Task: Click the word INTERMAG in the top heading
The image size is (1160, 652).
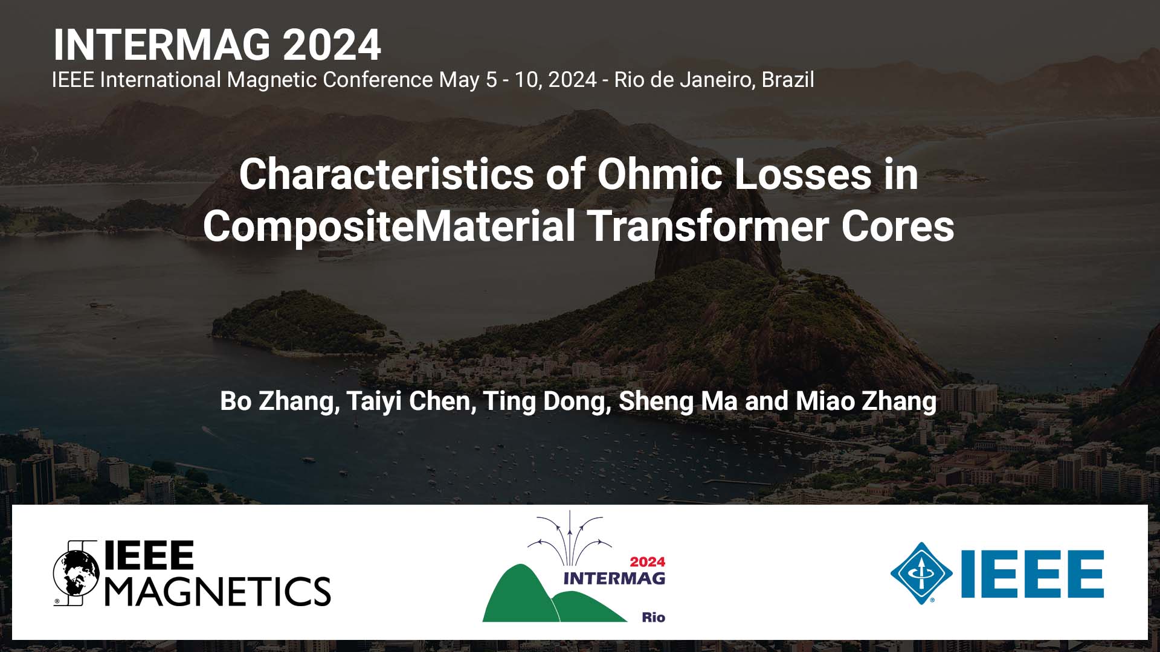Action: pyautogui.click(x=162, y=45)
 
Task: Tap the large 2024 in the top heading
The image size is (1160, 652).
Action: pyautogui.click(x=332, y=45)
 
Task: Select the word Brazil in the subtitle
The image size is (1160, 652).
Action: pyautogui.click(x=788, y=80)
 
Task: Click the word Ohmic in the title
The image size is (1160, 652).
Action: pyautogui.click(x=660, y=174)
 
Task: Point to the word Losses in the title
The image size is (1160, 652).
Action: pyautogui.click(x=803, y=174)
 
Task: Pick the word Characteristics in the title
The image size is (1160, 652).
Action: pyautogui.click(x=387, y=174)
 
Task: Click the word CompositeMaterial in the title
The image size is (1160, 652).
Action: pyautogui.click(x=389, y=227)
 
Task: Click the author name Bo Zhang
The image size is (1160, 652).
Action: pyautogui.click(x=279, y=401)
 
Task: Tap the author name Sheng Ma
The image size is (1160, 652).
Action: pyautogui.click(x=678, y=401)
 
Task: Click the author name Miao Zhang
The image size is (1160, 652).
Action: pyautogui.click(x=866, y=401)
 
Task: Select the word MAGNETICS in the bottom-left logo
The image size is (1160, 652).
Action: pyautogui.click(x=218, y=590)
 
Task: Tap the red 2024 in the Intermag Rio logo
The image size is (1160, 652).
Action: pyautogui.click(x=648, y=561)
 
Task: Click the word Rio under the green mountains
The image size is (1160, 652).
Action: pyautogui.click(x=653, y=617)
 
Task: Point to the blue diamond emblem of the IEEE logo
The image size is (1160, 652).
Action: pyautogui.click(x=921, y=573)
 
